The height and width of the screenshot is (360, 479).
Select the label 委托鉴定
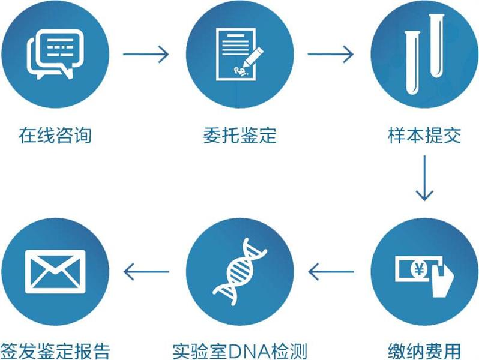pyautogui.click(x=239, y=136)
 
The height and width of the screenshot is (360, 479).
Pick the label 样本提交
pyautogui.click(x=424, y=136)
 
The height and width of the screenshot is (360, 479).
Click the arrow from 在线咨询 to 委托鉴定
pyautogui.click(x=146, y=55)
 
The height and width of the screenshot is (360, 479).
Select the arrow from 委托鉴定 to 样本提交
pyautogui.click(x=331, y=55)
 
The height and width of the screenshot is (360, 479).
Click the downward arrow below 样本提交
pyautogui.click(x=424, y=178)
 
